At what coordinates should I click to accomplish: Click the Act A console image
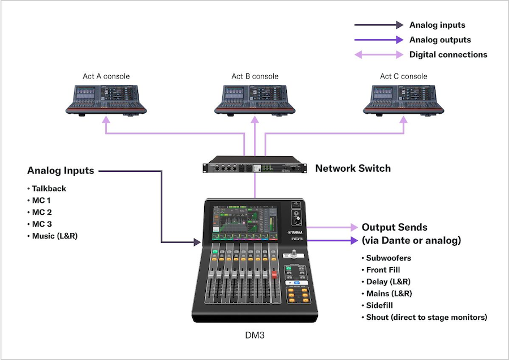click(x=106, y=101)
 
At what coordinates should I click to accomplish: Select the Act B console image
click(x=255, y=101)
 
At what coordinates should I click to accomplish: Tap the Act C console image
click(x=403, y=101)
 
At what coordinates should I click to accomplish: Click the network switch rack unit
click(x=255, y=165)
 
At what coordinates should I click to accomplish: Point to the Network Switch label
click(x=353, y=168)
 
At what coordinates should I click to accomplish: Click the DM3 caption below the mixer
click(x=255, y=335)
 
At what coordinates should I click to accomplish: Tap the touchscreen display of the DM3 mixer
click(x=245, y=223)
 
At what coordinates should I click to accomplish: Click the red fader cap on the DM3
click(x=274, y=275)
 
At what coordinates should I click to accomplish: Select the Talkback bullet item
click(x=47, y=188)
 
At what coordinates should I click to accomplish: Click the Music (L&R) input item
click(x=53, y=236)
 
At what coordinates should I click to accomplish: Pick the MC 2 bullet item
click(x=40, y=212)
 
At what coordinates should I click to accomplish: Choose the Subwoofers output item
click(x=386, y=258)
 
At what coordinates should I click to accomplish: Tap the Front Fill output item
click(x=381, y=270)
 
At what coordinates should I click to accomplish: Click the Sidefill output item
click(x=377, y=305)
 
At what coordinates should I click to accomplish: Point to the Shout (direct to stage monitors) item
click(x=424, y=317)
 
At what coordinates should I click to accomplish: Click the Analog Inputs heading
click(x=61, y=171)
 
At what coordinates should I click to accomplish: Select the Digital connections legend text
click(x=448, y=54)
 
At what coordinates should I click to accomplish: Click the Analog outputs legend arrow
click(x=379, y=40)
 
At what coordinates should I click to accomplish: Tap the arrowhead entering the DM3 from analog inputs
click(x=197, y=242)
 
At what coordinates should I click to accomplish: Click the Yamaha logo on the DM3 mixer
click(x=295, y=232)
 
